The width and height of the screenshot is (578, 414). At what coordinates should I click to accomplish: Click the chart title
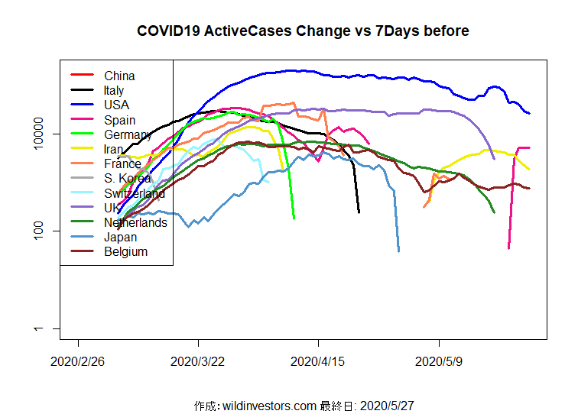click(303, 31)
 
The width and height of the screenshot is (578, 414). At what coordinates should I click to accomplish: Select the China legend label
click(119, 76)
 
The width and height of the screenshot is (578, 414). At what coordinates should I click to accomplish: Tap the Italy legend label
click(114, 90)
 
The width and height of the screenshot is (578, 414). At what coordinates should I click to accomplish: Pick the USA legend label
click(116, 105)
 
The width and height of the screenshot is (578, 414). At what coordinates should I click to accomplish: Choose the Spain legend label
click(119, 120)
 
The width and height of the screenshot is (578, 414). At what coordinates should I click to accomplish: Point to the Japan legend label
click(120, 237)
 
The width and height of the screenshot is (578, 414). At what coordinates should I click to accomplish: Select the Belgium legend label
click(125, 251)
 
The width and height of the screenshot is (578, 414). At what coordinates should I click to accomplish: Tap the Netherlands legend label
click(135, 222)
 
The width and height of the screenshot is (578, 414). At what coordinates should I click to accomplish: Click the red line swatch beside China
click(82, 75)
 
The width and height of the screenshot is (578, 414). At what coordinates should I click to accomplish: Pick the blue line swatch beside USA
click(82, 105)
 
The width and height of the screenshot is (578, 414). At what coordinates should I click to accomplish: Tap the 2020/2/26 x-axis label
click(78, 361)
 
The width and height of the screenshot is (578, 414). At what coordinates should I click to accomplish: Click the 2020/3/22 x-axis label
click(198, 361)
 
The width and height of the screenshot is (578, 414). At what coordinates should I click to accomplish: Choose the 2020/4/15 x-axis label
click(318, 361)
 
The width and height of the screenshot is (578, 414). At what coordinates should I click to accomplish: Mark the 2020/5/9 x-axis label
click(439, 361)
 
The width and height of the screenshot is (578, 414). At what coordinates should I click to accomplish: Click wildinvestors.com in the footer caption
click(271, 406)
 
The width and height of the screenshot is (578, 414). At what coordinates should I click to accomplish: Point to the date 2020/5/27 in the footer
click(386, 406)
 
